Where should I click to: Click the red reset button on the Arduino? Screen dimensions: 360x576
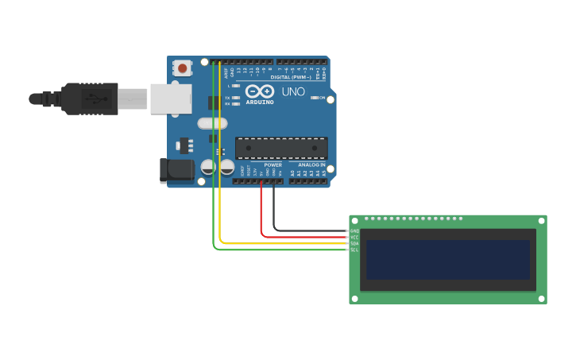click(183, 68)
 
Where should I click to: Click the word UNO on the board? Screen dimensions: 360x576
click(293, 92)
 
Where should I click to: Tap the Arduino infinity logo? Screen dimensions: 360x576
click(260, 91)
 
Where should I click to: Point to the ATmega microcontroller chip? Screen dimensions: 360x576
click(281, 148)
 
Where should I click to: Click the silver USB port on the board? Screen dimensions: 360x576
click(171, 99)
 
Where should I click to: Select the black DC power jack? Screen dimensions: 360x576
click(176, 170)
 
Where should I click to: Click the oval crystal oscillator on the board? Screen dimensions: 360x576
click(212, 123)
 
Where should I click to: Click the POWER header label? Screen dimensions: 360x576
click(273, 165)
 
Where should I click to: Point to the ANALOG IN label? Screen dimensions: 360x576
click(311, 165)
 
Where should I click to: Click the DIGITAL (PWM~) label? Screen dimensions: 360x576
click(291, 77)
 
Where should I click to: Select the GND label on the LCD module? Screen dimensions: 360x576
click(354, 231)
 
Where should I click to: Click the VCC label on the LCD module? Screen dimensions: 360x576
click(354, 238)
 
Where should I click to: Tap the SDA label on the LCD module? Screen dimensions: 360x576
click(354, 243)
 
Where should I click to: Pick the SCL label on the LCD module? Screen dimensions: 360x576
click(354, 250)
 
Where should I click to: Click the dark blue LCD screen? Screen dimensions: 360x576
click(447, 260)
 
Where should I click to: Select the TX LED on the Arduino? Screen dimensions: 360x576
click(236, 98)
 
